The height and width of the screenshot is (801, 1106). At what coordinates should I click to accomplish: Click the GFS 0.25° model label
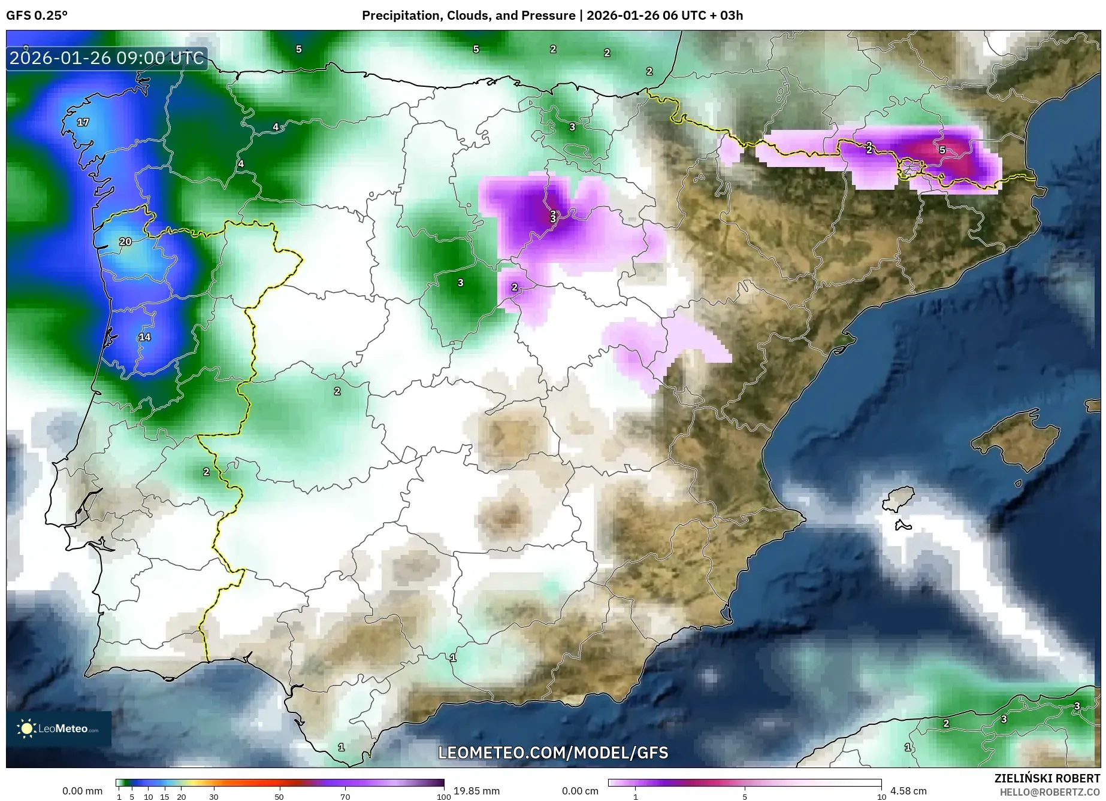tap(37, 16)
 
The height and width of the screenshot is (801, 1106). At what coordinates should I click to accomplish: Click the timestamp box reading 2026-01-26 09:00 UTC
tap(107, 58)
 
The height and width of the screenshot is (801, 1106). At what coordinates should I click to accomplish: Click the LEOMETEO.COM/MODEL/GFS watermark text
tap(552, 753)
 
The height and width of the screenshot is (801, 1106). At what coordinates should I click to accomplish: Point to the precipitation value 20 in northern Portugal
tap(125, 242)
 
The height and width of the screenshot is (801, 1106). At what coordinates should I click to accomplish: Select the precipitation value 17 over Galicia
tap(83, 122)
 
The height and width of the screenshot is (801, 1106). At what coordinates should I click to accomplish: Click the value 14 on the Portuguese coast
tap(145, 337)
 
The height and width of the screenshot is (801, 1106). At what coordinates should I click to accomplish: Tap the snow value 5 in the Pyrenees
tap(942, 150)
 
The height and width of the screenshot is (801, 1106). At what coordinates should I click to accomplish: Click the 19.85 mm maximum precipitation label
tap(476, 791)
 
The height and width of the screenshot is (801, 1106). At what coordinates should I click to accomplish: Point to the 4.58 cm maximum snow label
tap(908, 791)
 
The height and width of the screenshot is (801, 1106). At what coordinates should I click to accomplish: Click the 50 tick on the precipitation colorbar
tap(279, 796)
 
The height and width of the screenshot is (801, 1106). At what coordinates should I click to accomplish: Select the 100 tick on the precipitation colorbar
tap(443, 796)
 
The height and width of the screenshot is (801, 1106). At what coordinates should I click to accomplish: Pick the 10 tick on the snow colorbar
tap(881, 796)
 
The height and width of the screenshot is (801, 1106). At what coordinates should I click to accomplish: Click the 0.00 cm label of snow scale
tap(580, 791)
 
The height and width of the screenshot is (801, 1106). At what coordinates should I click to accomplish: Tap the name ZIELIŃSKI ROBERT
tap(1047, 779)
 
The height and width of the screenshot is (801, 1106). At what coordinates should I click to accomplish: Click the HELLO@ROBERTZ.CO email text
tap(1049, 792)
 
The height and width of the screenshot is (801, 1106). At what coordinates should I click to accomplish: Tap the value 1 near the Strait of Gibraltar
tap(341, 747)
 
